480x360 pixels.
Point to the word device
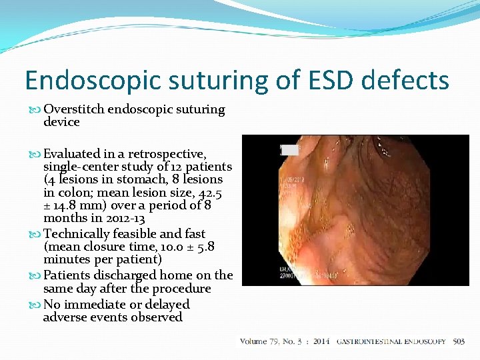[x=61, y=122]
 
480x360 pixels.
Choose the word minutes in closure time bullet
[x=67, y=259]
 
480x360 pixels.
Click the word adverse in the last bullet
[x=67, y=317]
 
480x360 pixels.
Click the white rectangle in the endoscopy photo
[x=290, y=150]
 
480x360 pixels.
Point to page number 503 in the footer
[x=459, y=341]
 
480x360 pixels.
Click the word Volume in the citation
[x=253, y=341]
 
